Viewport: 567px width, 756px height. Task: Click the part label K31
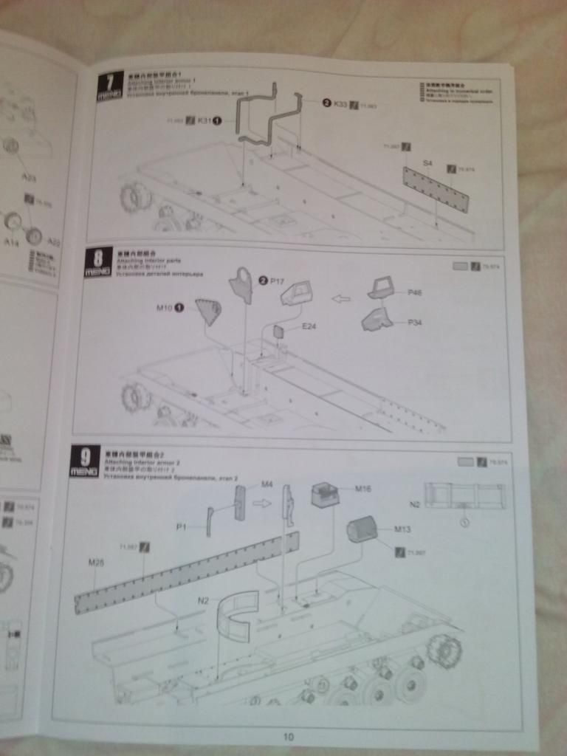tap(204, 120)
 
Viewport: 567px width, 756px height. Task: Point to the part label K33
tap(340, 104)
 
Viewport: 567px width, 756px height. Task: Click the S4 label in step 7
tap(427, 162)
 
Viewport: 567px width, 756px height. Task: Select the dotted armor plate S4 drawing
tap(436, 189)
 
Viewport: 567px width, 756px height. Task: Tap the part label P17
tap(277, 281)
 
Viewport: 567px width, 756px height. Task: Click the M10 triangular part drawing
tap(208, 311)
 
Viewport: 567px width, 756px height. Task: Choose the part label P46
tap(414, 293)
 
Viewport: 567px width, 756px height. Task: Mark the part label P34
tap(414, 323)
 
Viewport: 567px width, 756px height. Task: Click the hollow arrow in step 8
tap(340, 299)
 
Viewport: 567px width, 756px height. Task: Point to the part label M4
tap(267, 484)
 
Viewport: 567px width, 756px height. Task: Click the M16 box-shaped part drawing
tap(325, 495)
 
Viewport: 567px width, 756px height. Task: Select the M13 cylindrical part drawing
tap(362, 529)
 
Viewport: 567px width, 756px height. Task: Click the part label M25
tap(96, 563)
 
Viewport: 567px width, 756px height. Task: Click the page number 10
tap(289, 735)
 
